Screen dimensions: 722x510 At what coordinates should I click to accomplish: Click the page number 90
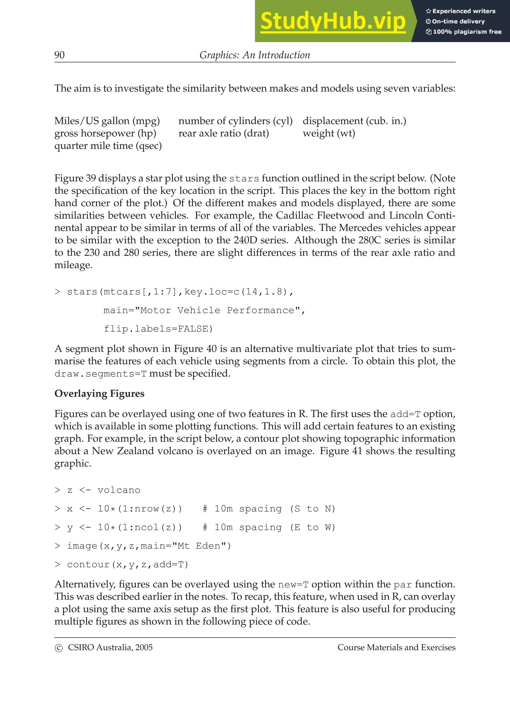pyautogui.click(x=59, y=55)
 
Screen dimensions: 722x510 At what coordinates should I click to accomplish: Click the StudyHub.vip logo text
pyautogui.click(x=333, y=21)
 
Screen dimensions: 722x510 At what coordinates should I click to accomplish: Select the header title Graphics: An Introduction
pyautogui.click(x=255, y=55)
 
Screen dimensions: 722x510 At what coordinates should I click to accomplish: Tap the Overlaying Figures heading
pyautogui.click(x=99, y=394)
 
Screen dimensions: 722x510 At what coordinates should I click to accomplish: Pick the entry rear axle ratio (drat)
pyautogui.click(x=223, y=133)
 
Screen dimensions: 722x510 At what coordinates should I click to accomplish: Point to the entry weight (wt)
pyautogui.click(x=329, y=133)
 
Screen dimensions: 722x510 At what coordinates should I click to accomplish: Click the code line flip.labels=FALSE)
pyautogui.click(x=158, y=329)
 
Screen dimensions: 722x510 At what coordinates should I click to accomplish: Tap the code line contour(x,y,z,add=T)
pyautogui.click(x=127, y=565)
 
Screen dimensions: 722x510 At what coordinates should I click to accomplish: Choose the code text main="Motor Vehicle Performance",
pyautogui.click(x=204, y=310)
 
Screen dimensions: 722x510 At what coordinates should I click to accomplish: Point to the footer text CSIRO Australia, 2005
pyautogui.click(x=110, y=648)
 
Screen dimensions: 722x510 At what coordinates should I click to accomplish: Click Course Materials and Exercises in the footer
pyautogui.click(x=396, y=648)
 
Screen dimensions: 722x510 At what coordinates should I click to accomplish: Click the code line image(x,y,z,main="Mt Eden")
pyautogui.click(x=149, y=546)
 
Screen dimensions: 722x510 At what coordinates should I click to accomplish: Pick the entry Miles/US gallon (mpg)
pyautogui.click(x=107, y=121)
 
